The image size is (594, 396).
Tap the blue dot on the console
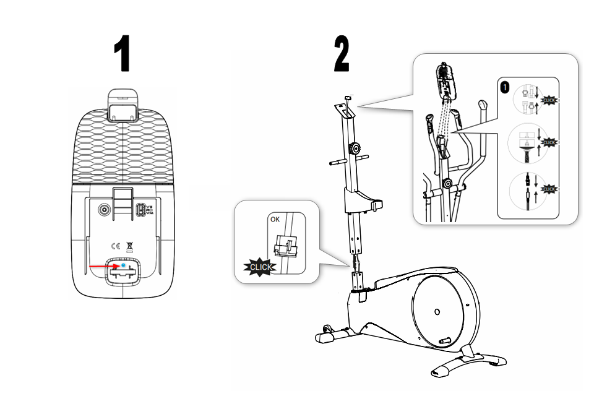tap(124, 264)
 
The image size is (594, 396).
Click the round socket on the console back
tap(104, 209)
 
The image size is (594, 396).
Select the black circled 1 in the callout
tap(506, 87)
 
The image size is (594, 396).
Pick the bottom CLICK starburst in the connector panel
tap(549, 188)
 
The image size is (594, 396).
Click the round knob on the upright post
tap(355, 148)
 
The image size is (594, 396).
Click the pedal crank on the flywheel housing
tap(442, 341)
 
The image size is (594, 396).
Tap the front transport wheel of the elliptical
tap(327, 330)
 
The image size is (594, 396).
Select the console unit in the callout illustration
tap(445, 79)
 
